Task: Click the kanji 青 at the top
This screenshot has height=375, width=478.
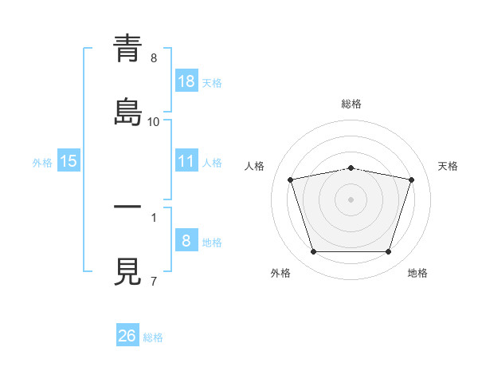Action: pyautogui.click(x=127, y=48)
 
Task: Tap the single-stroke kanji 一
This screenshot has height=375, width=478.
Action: pyautogui.click(x=127, y=207)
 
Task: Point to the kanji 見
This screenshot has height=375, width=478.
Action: pyautogui.click(x=127, y=271)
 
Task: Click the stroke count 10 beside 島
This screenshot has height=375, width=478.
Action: pyautogui.click(x=153, y=122)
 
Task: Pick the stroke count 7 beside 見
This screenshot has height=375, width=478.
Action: pyautogui.click(x=154, y=281)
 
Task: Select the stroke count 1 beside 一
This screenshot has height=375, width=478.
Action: pyautogui.click(x=154, y=218)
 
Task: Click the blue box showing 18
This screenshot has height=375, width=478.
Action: pyautogui.click(x=186, y=81)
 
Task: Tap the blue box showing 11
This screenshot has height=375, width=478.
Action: pyautogui.click(x=186, y=160)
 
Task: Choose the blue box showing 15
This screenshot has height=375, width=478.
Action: pyautogui.click(x=69, y=160)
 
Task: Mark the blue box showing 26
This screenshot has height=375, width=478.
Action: pyautogui.click(x=127, y=334)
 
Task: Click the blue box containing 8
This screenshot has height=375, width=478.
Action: pyautogui.click(x=186, y=239)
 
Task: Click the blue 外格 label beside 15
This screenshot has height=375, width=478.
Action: pyautogui.click(x=42, y=163)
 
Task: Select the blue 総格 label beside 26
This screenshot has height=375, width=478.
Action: pyautogui.click(x=153, y=337)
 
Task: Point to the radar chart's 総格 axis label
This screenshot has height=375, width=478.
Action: pyautogui.click(x=351, y=104)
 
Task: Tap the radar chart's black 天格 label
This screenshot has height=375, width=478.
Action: pyautogui.click(x=448, y=166)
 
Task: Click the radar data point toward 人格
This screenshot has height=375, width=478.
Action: pyautogui.click(x=291, y=180)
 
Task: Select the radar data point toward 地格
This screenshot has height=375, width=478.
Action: pyautogui.click(x=389, y=252)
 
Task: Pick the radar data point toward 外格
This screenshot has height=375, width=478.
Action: pyautogui.click(x=314, y=252)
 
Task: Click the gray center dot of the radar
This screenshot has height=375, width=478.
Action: pyautogui.click(x=351, y=199)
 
